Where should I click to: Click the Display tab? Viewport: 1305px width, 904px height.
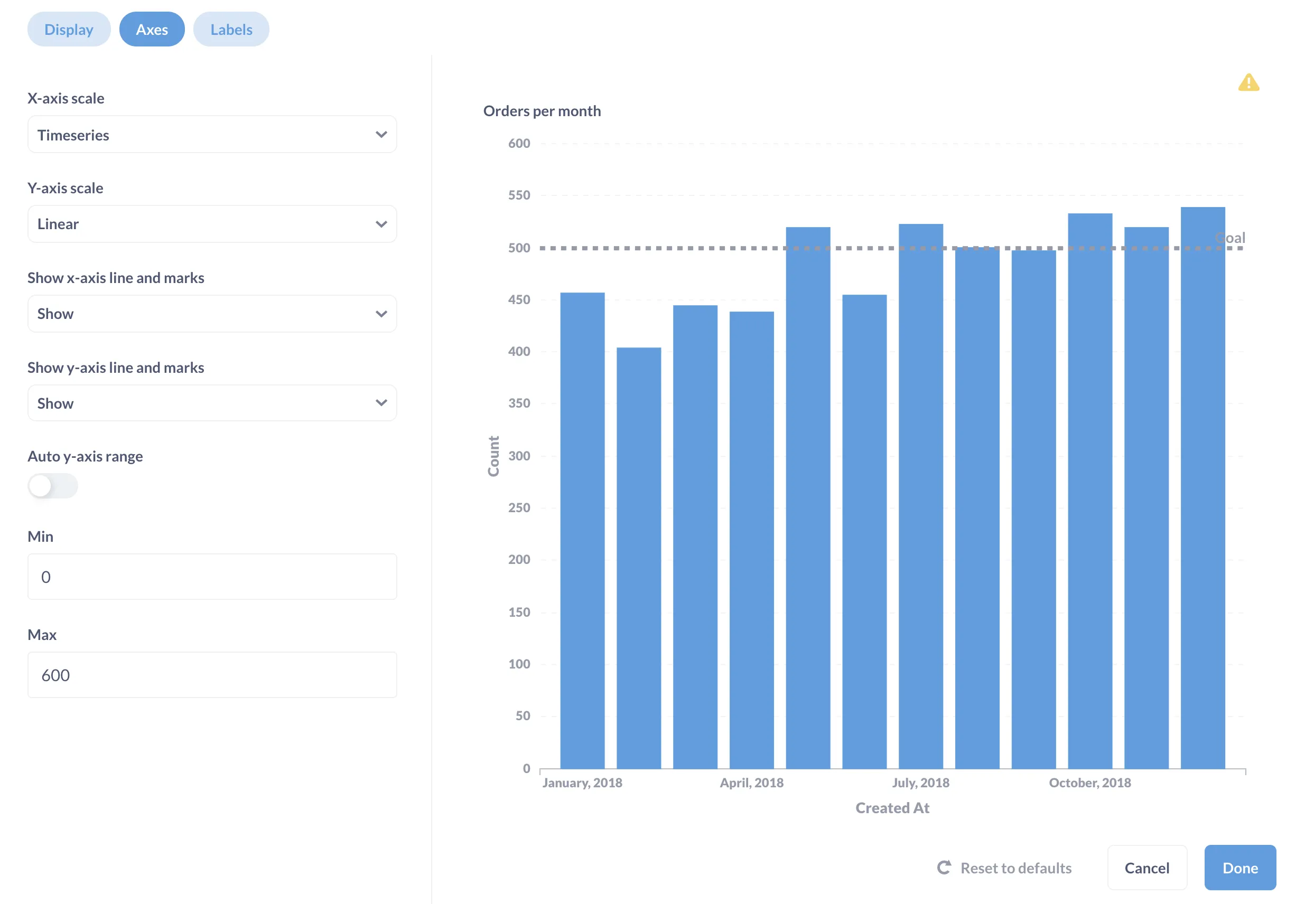(x=69, y=30)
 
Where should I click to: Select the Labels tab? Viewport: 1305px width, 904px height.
(x=231, y=30)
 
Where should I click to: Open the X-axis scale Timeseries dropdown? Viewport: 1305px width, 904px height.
(x=211, y=135)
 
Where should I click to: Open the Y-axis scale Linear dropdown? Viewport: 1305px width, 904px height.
(x=211, y=224)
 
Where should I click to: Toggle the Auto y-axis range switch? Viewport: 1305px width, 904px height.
(x=52, y=486)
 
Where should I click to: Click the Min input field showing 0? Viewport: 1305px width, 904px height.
(x=211, y=577)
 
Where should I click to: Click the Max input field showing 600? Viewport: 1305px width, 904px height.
(x=211, y=675)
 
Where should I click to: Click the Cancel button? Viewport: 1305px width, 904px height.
(x=1146, y=868)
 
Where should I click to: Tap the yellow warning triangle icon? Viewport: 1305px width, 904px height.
(x=1248, y=83)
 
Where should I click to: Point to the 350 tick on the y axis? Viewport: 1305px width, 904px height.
(x=518, y=403)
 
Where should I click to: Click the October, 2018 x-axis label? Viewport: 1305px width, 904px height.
(x=1089, y=783)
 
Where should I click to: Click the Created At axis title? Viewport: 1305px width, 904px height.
(x=892, y=808)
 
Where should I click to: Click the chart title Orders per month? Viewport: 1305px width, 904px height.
(x=542, y=111)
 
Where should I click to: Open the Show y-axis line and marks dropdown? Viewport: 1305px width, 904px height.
(x=211, y=403)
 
